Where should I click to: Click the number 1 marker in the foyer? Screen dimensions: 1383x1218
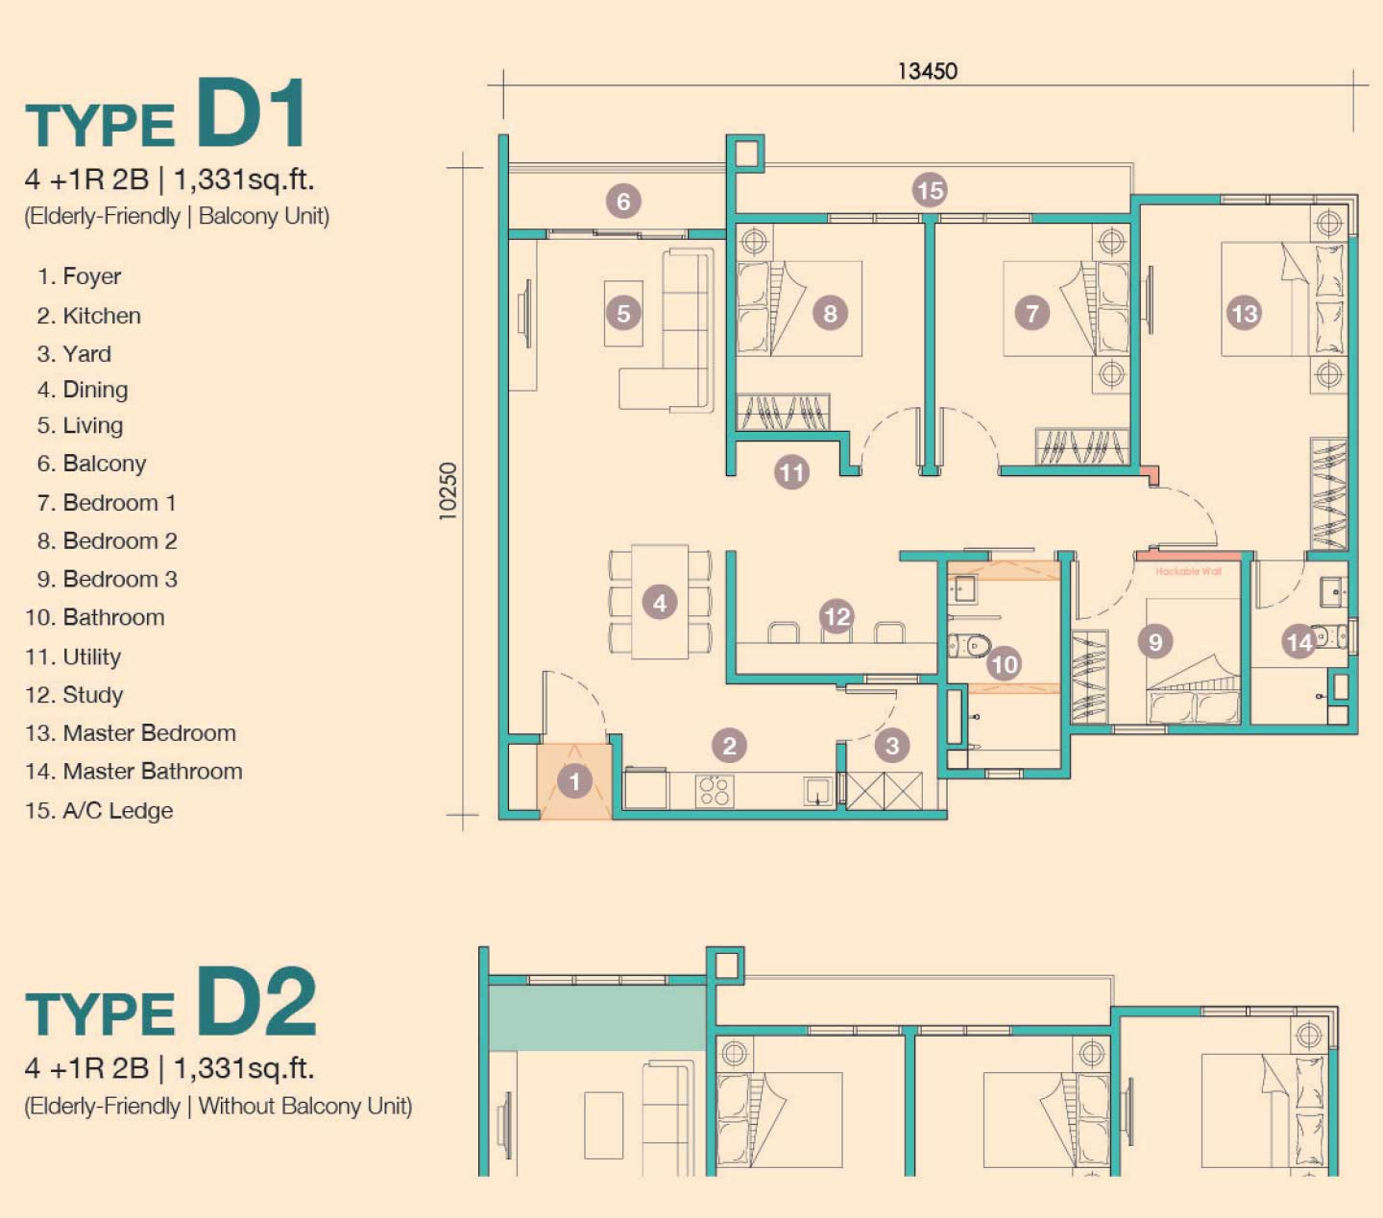click(x=574, y=781)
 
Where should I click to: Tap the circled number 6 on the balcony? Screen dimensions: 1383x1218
click(x=623, y=202)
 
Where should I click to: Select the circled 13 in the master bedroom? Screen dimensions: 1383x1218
click(x=1244, y=313)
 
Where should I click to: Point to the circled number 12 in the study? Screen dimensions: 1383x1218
click(x=837, y=617)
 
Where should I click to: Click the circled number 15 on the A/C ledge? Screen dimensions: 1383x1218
click(x=930, y=190)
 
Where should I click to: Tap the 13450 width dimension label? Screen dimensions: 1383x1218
click(x=927, y=71)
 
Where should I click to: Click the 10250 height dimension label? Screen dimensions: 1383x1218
click(x=448, y=491)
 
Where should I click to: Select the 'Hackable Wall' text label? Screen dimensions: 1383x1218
click(x=1188, y=571)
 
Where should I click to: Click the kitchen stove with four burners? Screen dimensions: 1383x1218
click(x=715, y=791)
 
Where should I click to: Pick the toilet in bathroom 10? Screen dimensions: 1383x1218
click(x=970, y=645)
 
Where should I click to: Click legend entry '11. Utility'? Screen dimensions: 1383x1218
click(x=73, y=657)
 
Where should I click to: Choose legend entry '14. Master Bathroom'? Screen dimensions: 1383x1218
click(x=133, y=771)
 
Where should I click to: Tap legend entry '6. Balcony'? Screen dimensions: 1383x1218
click(x=91, y=464)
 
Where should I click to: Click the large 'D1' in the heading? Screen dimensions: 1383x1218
click(x=252, y=112)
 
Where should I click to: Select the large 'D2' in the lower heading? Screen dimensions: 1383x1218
click(x=257, y=1001)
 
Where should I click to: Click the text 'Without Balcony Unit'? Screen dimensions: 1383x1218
click(x=303, y=1106)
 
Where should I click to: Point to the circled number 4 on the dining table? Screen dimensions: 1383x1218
click(x=660, y=603)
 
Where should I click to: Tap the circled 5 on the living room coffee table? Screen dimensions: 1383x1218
click(x=623, y=313)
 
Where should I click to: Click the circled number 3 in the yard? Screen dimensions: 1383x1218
click(x=891, y=745)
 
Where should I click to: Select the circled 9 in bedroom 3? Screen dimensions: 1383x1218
click(x=1155, y=641)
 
